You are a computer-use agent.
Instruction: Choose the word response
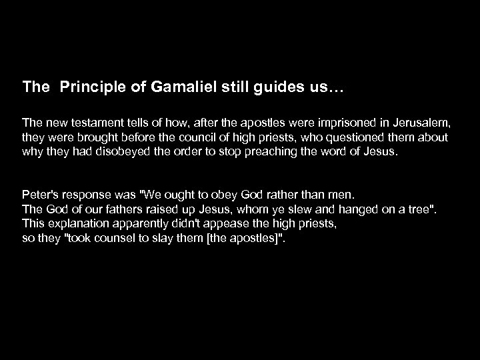[x=87, y=196]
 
